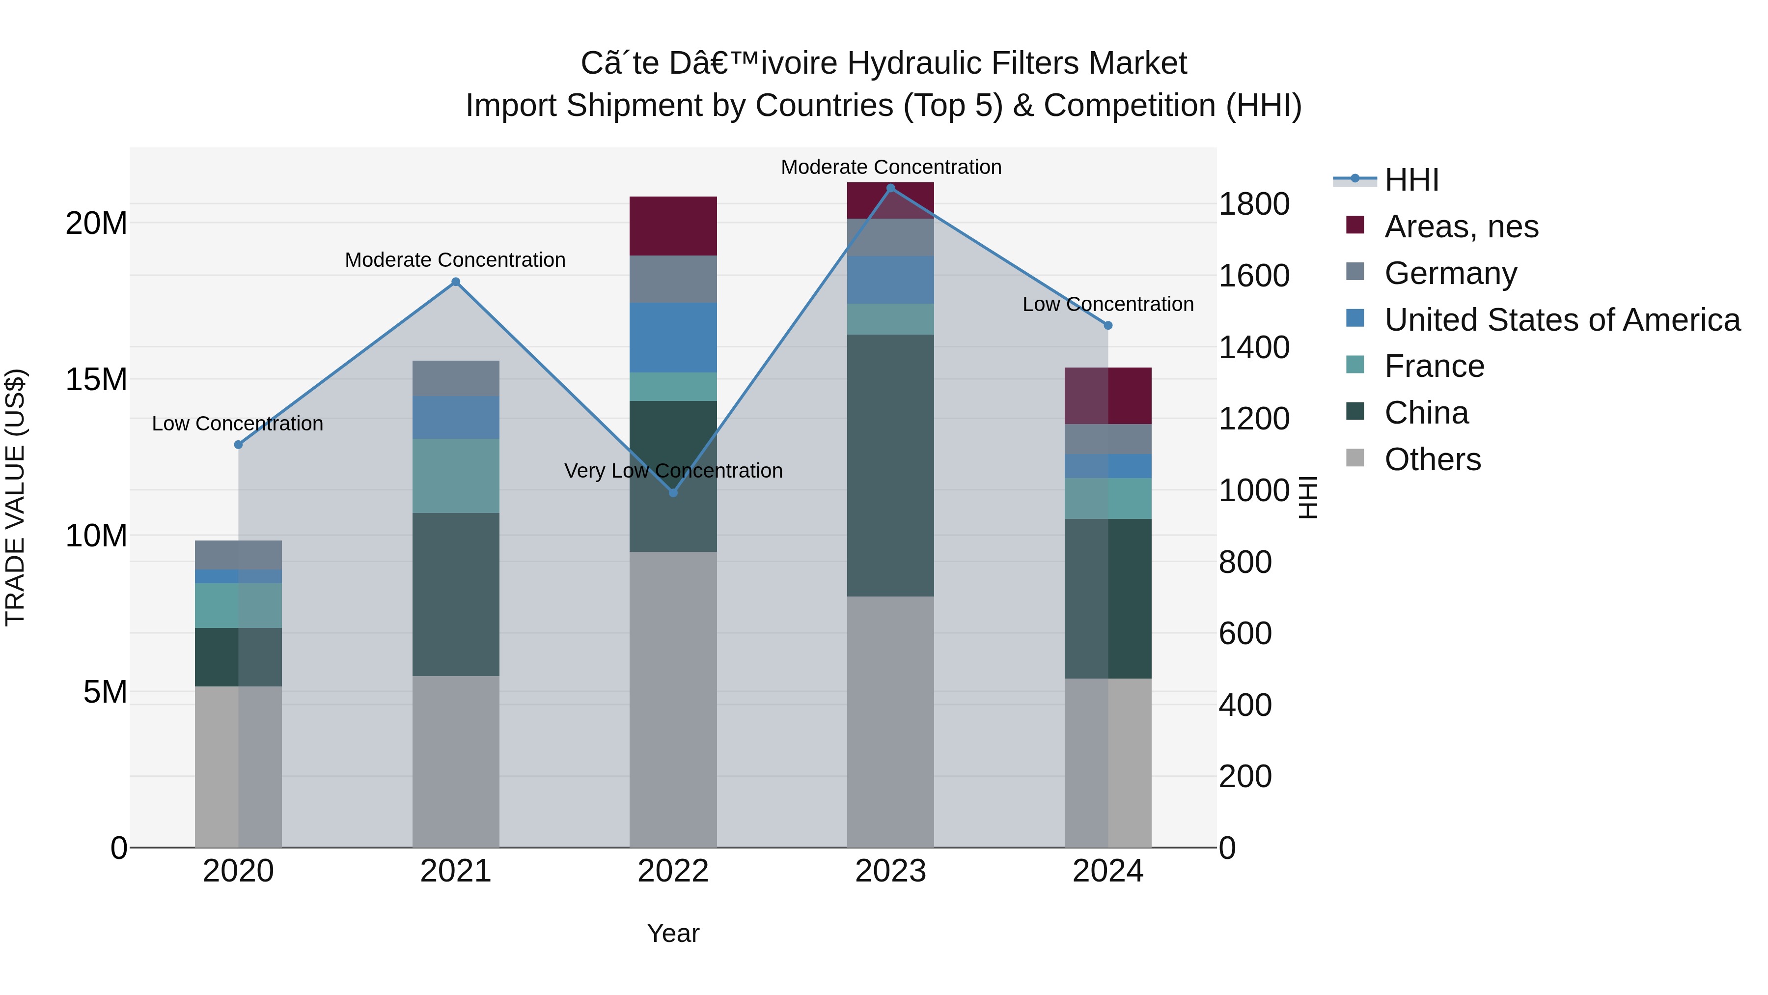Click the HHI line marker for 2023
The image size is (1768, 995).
pos(890,188)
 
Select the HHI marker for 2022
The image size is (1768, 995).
pos(673,492)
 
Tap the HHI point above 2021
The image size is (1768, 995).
pos(456,282)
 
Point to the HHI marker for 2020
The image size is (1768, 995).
pos(238,444)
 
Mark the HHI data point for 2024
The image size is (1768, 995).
pos(1108,325)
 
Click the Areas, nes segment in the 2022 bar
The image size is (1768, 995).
pos(673,226)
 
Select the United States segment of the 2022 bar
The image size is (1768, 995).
pos(673,337)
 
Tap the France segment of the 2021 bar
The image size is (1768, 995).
pos(456,475)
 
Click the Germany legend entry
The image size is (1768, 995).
pos(1450,273)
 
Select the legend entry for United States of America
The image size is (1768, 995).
pos(1561,320)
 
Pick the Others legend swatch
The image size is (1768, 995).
pos(1355,458)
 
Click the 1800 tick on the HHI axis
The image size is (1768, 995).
pos(1253,204)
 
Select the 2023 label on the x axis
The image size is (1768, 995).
pos(890,871)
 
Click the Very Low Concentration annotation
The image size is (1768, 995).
pos(673,471)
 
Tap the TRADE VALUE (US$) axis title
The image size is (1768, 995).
pos(15,497)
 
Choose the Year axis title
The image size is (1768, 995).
pos(673,933)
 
